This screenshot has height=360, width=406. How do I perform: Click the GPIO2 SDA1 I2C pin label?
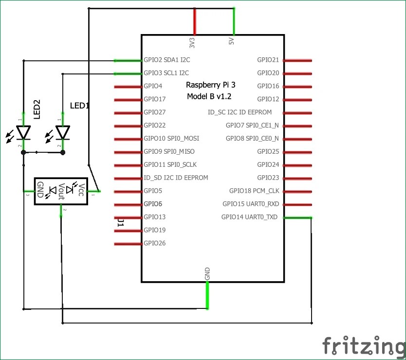[x=166, y=60]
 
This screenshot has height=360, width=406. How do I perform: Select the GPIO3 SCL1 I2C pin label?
[x=166, y=73]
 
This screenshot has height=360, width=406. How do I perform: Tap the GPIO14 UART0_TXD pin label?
[x=249, y=217]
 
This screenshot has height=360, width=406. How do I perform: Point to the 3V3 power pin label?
[x=192, y=42]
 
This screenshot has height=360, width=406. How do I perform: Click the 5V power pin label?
[x=232, y=41]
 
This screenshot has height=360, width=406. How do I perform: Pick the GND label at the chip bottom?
[x=207, y=273]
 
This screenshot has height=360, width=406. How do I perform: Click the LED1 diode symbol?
[x=62, y=132]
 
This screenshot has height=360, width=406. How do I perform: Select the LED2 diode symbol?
[x=23, y=132]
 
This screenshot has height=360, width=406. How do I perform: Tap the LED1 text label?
[x=80, y=105]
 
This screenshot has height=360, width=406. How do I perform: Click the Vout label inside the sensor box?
[x=62, y=191]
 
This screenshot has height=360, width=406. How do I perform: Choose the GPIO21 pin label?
[x=268, y=60]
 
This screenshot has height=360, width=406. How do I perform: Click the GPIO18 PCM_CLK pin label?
[x=254, y=191]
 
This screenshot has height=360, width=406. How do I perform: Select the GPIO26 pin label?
[x=155, y=243]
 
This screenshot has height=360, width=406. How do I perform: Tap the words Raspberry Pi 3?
[x=211, y=85]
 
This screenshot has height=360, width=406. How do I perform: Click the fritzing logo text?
[x=363, y=346]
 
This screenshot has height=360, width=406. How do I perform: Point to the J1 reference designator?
[x=120, y=223]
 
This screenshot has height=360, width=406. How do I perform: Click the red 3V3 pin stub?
[x=194, y=21]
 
